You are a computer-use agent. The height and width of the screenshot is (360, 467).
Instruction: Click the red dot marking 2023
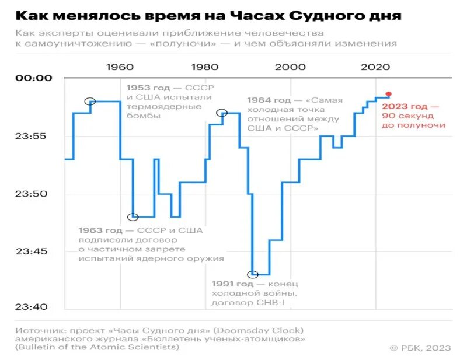pyautogui.click(x=389, y=94)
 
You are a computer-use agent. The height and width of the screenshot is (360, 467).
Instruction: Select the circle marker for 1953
pyautogui.click(x=90, y=101)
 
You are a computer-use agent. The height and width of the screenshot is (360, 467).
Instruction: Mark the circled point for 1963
pyautogui.click(x=133, y=216)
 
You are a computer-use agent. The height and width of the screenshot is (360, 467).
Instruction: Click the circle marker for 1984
pyautogui.click(x=222, y=113)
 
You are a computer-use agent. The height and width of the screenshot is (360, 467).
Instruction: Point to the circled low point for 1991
pyautogui.click(x=252, y=274)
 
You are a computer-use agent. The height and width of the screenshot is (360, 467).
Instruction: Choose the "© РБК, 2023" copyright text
pyautogui.click(x=420, y=348)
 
